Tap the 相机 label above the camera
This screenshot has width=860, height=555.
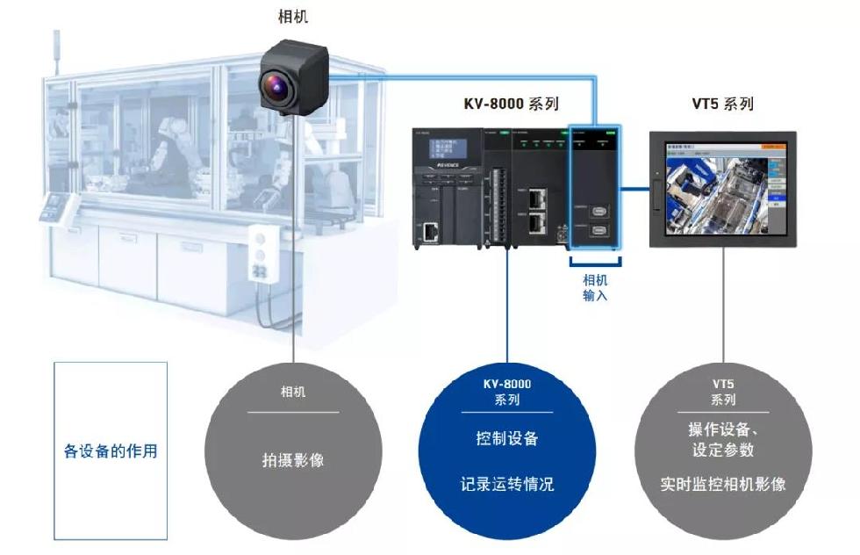pyautogui.click(x=292, y=17)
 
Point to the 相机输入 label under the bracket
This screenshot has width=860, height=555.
pyautogui.click(x=595, y=288)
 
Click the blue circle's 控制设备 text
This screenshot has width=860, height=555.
pyautogui.click(x=506, y=438)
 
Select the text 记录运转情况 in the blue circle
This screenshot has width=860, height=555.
pyautogui.click(x=506, y=484)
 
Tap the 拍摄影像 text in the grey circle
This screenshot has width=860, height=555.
pyautogui.click(x=292, y=459)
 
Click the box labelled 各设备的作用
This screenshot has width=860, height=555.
pyautogui.click(x=111, y=450)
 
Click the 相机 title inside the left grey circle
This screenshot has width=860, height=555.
pyautogui.click(x=292, y=393)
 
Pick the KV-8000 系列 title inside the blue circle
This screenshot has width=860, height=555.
pyautogui.click(x=506, y=392)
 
